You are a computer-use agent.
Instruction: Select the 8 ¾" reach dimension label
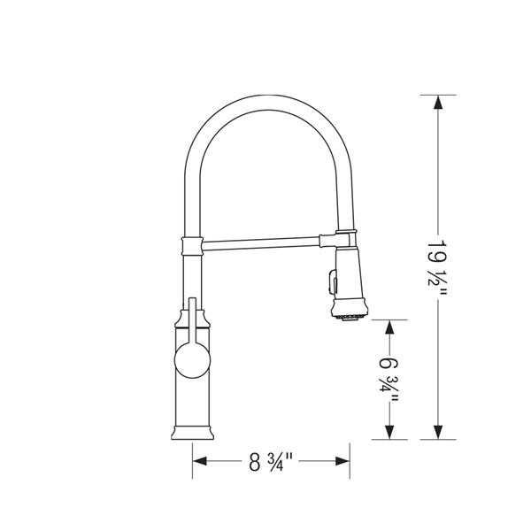point(271,460)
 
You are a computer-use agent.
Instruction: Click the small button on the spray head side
point(328,281)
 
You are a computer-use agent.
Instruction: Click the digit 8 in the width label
point(254,460)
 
